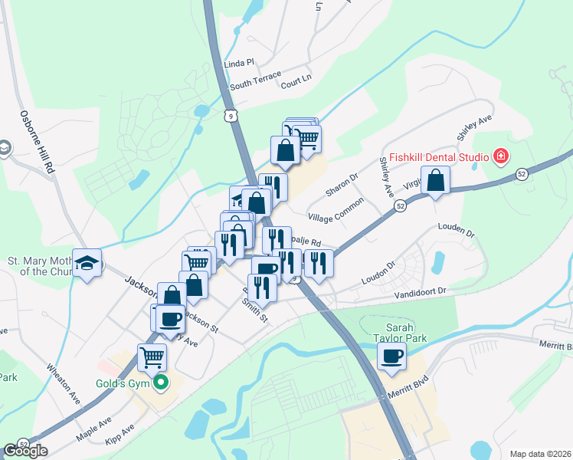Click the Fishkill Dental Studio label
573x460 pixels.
pos(438,158)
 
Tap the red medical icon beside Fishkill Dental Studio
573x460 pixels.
pos(501,157)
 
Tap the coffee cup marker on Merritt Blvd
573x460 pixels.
pos(391,356)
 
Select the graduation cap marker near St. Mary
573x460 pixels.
pos(87,262)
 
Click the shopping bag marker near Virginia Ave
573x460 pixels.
pos(435,181)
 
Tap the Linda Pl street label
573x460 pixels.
pos(239,63)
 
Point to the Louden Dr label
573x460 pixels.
pos(457,228)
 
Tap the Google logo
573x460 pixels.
pos(25,450)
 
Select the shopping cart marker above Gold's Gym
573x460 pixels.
pos(152,357)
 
